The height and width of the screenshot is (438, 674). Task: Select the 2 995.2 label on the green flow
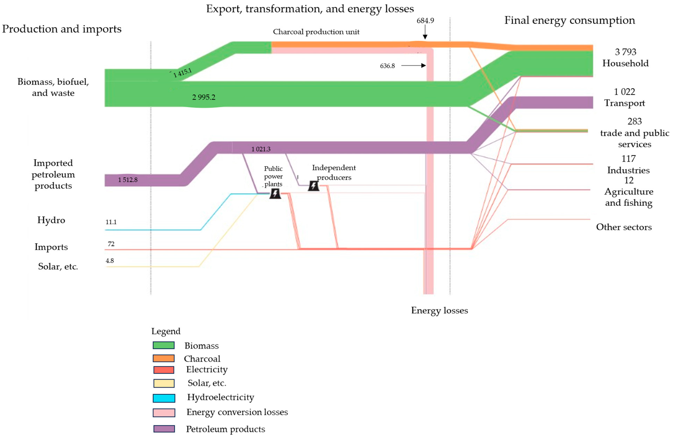tap(204, 97)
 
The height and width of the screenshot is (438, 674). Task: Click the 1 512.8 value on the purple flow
tap(128, 180)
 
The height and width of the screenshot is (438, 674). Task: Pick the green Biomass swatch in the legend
tap(163, 345)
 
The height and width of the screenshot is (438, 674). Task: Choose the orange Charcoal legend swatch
tap(163, 358)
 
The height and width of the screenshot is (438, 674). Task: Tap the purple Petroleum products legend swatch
tap(164, 429)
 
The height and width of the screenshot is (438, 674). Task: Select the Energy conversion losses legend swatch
tap(164, 413)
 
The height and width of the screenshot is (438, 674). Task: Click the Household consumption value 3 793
tap(625, 52)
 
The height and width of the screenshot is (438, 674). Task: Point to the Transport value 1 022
tap(625, 92)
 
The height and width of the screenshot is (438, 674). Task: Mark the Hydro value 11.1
tap(111, 222)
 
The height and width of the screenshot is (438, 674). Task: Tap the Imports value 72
tap(111, 244)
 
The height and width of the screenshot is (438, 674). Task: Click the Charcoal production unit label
tap(316, 32)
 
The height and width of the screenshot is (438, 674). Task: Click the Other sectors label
tap(624, 227)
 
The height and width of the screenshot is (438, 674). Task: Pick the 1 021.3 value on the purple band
tap(261, 149)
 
